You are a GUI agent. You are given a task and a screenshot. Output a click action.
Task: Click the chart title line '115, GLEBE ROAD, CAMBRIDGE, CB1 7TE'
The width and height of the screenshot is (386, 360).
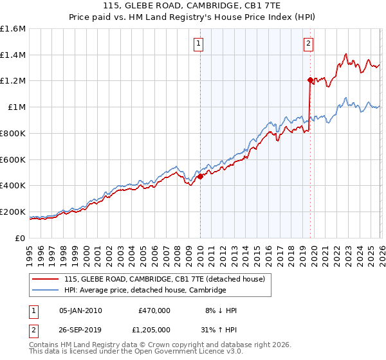[192, 6]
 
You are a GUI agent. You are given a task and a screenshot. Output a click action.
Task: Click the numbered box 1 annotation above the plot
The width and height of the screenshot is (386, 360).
[199, 44]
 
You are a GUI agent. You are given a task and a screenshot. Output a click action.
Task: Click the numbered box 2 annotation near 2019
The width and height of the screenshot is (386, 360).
[309, 44]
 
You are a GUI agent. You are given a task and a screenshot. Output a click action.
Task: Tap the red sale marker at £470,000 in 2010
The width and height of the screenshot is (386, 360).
[200, 175]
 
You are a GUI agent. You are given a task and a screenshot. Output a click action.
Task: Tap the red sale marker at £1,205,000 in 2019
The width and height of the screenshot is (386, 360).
[310, 80]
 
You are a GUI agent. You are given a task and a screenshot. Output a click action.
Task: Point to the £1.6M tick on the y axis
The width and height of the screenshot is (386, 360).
[13, 29]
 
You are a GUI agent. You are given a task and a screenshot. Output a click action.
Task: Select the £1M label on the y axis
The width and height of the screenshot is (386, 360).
[15, 107]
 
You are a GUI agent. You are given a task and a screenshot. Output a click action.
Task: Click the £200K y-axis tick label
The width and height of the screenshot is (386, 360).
[13, 212]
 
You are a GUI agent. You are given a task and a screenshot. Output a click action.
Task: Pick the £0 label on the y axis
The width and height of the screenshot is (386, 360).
[21, 238]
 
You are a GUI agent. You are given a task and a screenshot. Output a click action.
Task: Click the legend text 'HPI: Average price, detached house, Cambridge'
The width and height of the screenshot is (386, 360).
[145, 291]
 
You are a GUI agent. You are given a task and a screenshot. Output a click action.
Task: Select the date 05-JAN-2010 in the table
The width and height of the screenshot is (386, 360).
[80, 310]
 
